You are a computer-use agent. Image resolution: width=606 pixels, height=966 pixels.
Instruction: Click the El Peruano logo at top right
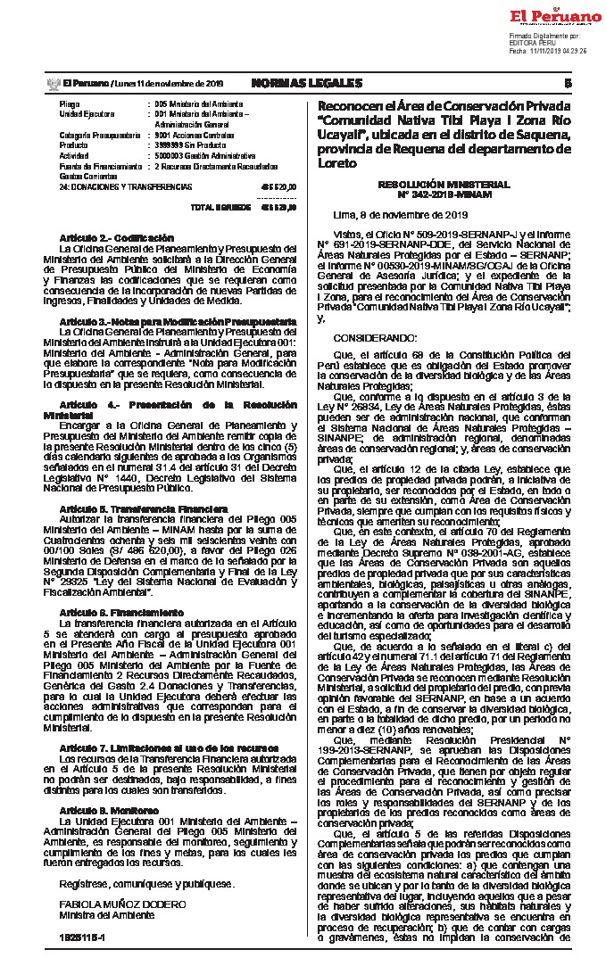click(x=556, y=17)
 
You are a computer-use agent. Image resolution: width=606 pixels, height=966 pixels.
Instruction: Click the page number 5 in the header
click(x=568, y=83)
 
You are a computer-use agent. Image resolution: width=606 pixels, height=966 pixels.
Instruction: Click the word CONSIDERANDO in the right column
click(x=375, y=339)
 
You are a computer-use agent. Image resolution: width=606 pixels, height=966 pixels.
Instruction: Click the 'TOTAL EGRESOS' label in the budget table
click(x=215, y=207)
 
